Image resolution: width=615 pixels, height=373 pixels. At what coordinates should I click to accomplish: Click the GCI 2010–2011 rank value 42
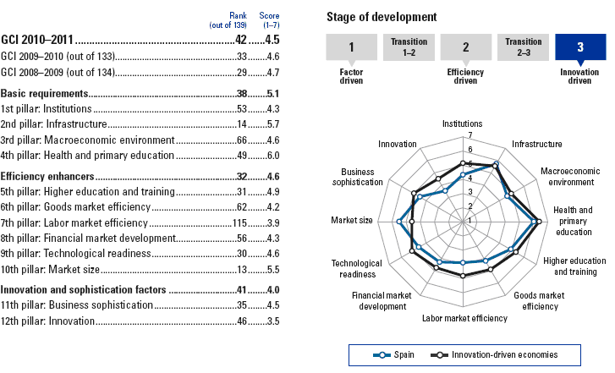(242, 39)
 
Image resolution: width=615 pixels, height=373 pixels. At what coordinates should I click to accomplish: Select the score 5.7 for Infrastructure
(271, 124)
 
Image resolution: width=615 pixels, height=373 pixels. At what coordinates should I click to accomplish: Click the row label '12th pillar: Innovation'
(49, 321)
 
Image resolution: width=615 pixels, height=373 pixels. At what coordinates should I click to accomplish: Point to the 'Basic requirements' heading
(45, 92)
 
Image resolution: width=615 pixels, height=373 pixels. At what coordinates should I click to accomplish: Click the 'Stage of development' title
(382, 16)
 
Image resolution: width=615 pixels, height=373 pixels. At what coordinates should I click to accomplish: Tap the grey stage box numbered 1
(350, 48)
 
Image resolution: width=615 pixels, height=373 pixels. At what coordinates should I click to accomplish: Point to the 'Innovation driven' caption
(579, 79)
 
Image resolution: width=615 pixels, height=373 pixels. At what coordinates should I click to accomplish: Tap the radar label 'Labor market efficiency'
(464, 318)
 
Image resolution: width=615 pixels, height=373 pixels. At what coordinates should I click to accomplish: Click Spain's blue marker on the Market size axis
(399, 222)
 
